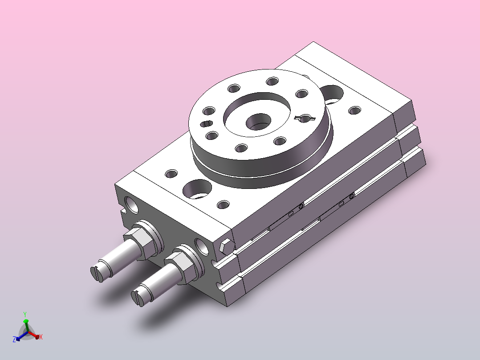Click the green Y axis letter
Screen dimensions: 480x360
pyautogui.click(x=25, y=315)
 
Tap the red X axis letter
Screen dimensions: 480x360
pyautogui.click(x=41, y=337)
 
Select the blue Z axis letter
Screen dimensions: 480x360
pyautogui.click(x=14, y=339)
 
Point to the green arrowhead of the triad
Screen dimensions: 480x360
pyautogui.click(x=26, y=321)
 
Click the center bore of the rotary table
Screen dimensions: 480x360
pyautogui.click(x=259, y=122)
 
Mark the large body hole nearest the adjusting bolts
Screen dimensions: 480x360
pyautogui.click(x=197, y=189)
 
